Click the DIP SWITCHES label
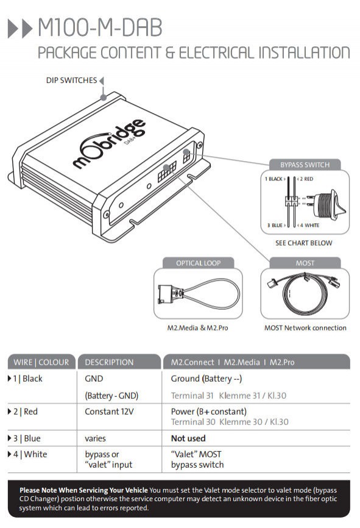[71, 80]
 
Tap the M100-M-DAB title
[101, 27]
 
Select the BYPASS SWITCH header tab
[305, 165]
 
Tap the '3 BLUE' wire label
[275, 225]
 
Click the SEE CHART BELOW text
[303, 243]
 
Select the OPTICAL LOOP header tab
[198, 263]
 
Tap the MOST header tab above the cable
[305, 263]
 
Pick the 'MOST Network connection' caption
[305, 328]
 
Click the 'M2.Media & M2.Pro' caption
[197, 328]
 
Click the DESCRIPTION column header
[109, 362]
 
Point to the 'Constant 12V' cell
[109, 412]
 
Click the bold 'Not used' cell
[188, 438]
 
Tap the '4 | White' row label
[30, 454]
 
